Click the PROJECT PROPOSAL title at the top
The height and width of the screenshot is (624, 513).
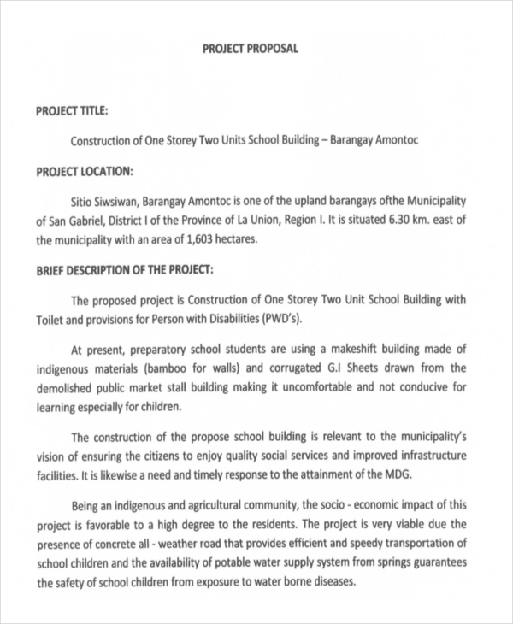[x=250, y=49]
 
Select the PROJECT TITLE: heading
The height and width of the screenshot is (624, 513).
[x=72, y=110]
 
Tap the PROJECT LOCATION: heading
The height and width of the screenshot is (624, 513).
[x=84, y=171]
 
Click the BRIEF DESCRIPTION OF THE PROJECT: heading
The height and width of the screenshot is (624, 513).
[x=124, y=269]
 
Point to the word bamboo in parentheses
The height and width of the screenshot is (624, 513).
[x=174, y=368]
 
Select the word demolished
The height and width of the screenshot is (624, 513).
[x=68, y=387]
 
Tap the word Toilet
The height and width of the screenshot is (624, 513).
[x=50, y=320]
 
